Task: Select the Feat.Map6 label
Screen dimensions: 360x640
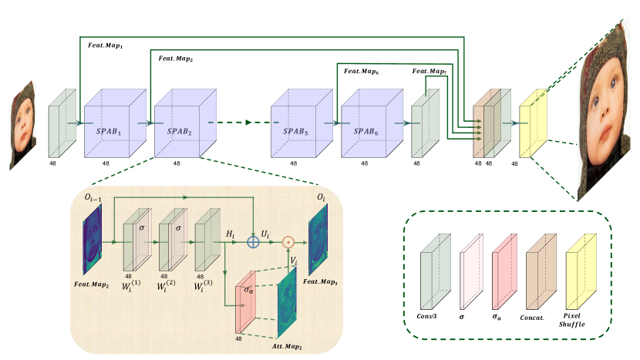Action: [362, 72]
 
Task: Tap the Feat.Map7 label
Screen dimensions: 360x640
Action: [429, 72]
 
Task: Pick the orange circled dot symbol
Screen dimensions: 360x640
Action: [288, 241]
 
